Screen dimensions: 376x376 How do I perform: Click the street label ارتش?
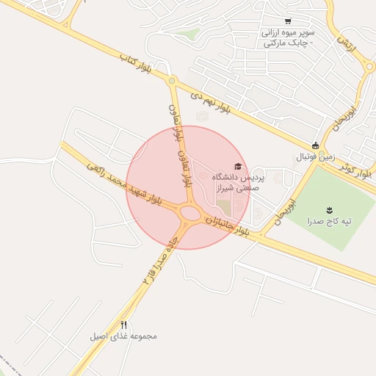347,46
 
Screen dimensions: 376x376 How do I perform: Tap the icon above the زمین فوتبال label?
316,145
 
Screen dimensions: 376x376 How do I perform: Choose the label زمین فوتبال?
315,156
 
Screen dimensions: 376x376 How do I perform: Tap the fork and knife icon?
123,325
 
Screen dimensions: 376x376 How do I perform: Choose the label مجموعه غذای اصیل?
123,336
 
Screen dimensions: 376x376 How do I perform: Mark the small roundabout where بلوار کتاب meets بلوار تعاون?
172,82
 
